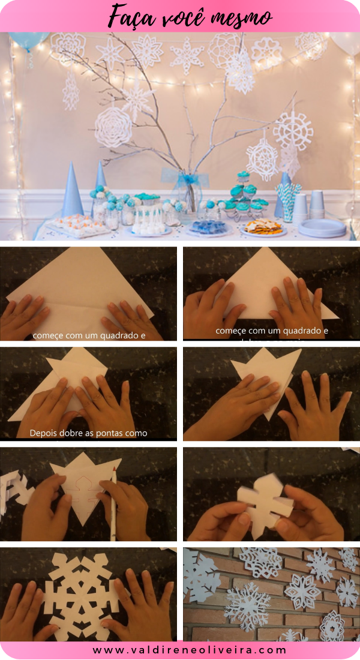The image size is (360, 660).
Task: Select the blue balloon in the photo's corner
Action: point(28,41)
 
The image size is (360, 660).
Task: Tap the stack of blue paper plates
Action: point(322,227)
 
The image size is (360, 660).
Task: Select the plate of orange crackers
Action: point(263,228)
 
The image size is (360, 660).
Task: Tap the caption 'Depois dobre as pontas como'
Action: point(89,433)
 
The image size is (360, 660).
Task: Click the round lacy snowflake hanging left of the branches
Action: point(113,127)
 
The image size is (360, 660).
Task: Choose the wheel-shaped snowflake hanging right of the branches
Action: point(293,128)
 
